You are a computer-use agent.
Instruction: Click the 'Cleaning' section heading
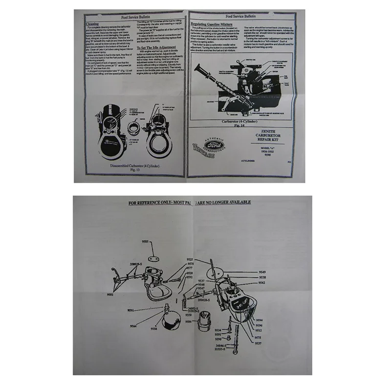click(x=92, y=23)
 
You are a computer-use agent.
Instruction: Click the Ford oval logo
click(x=214, y=146)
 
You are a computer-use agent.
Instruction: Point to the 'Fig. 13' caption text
click(x=135, y=170)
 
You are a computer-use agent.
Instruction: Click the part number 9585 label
click(x=146, y=241)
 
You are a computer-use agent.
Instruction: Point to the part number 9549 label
click(x=262, y=272)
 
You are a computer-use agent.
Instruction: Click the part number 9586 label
click(x=188, y=322)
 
